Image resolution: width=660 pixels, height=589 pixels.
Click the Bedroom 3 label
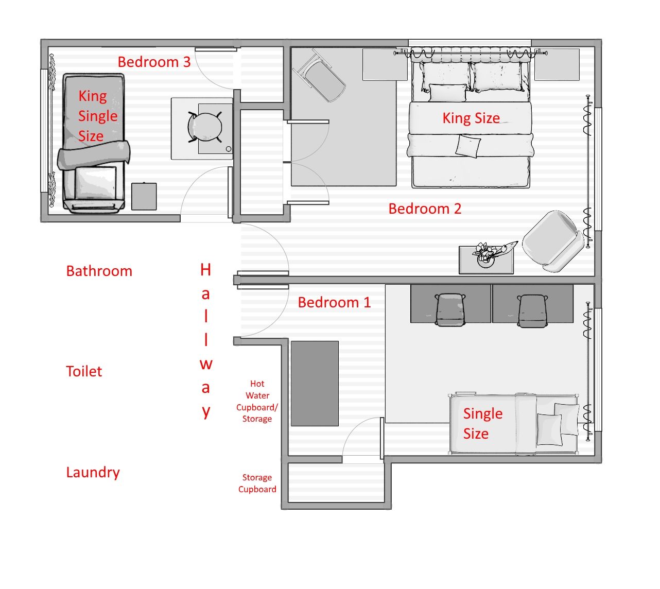[154, 62]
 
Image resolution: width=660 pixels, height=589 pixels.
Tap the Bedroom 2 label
[425, 209]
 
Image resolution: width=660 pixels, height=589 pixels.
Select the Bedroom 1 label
[334, 302]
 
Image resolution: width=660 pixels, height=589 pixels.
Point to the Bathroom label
[99, 271]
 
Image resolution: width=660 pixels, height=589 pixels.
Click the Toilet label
[84, 371]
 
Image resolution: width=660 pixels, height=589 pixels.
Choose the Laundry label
[93, 473]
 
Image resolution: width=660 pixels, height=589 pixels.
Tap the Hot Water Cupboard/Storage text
[257, 401]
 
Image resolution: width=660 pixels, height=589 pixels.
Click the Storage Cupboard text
[257, 483]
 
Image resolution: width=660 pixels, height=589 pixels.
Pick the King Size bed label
[471, 118]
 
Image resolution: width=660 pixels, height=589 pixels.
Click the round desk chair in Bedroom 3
[205, 127]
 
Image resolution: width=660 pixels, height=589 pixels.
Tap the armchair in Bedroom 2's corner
[553, 241]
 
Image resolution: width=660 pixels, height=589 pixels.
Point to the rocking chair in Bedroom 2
[319, 76]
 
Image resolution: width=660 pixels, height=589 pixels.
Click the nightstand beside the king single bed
[144, 196]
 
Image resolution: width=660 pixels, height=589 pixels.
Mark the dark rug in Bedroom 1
[315, 384]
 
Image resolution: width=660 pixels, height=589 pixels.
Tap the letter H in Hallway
[205, 270]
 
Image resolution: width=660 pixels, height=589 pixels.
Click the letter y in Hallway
[205, 412]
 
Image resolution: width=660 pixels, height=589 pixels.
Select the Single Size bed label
[482, 424]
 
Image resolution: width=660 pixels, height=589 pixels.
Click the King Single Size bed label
[97, 116]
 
